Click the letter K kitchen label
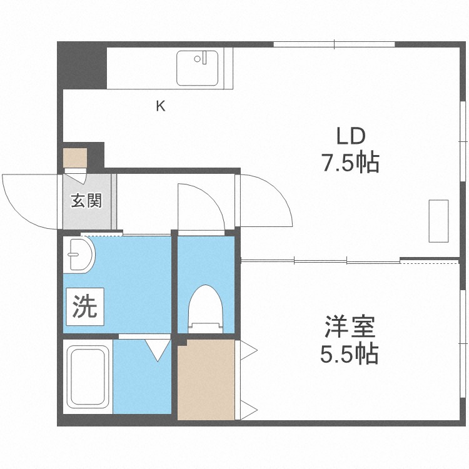coord(161,106)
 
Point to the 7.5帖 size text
coord(350,163)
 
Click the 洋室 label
coord(350,327)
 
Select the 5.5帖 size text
coord(349,355)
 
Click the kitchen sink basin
coord(197,68)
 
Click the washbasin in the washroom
coord(79,256)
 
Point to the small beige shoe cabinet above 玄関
coord(76,156)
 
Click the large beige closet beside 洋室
coord(206,380)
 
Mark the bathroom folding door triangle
coord(157,348)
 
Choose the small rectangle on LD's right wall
coord(438,221)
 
